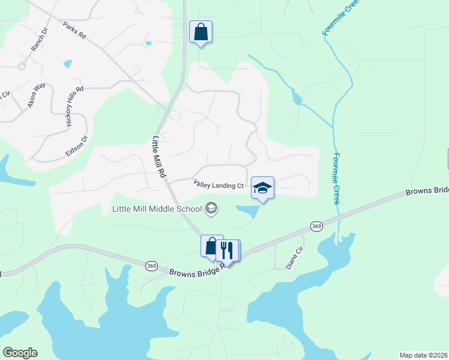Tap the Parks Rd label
pyautogui.click(x=74, y=31)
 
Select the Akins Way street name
pyautogui.click(x=36, y=95)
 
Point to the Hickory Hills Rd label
pyautogui.click(x=74, y=106)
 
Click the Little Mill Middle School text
pyautogui.click(x=158, y=209)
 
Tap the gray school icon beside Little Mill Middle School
pyautogui.click(x=211, y=208)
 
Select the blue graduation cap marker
pyautogui.click(x=262, y=188)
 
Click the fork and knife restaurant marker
pyautogui.click(x=227, y=249)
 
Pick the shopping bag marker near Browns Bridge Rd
pyautogui.click(x=211, y=246)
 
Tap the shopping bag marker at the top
pyautogui.click(x=200, y=32)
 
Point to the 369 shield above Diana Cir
pyautogui.click(x=316, y=226)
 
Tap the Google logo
pyautogui.click(x=20, y=353)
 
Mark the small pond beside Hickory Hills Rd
pyautogui.click(x=67, y=63)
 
